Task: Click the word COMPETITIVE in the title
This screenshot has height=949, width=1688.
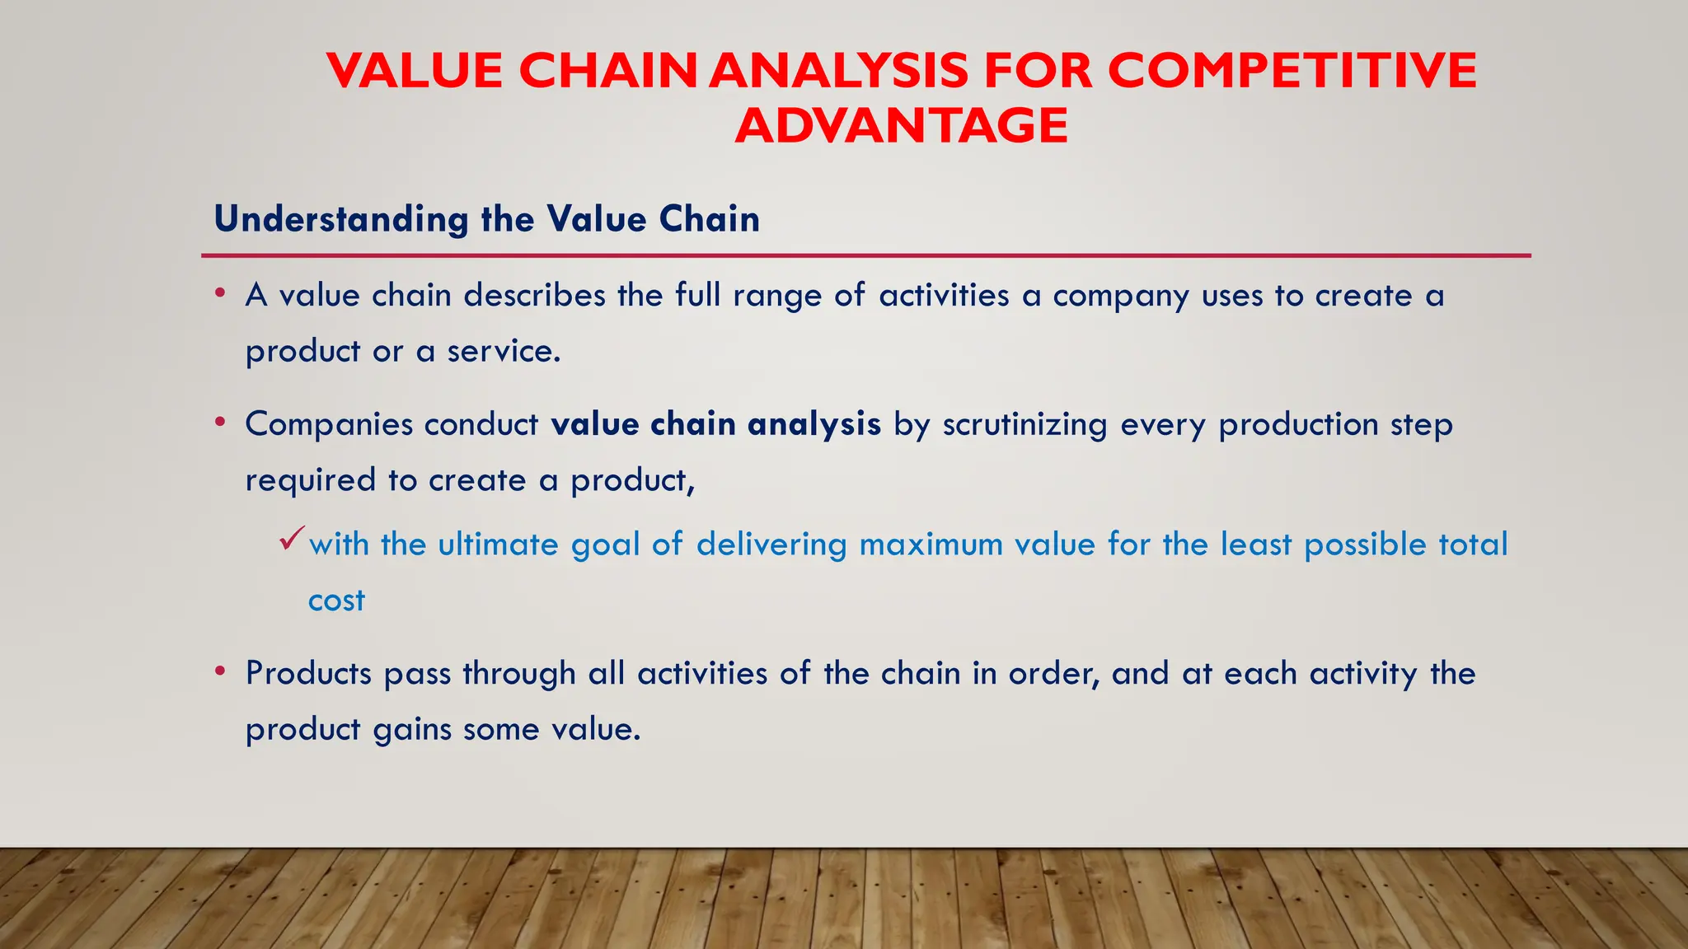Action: point(1292,70)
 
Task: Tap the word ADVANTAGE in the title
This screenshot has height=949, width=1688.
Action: point(902,125)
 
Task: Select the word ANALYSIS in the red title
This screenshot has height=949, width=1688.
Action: point(838,70)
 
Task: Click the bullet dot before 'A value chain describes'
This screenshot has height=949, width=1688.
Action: point(219,292)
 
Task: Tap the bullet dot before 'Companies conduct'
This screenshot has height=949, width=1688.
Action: point(219,422)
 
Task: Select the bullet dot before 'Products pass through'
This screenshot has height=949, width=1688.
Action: point(219,671)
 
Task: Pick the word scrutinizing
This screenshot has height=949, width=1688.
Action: point(1025,425)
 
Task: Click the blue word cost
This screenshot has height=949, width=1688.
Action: point(336,601)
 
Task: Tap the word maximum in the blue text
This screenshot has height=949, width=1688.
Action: point(931,545)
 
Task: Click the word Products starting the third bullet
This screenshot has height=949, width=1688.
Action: point(308,674)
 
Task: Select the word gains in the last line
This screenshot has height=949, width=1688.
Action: point(411,731)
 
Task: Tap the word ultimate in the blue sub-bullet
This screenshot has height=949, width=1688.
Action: point(498,545)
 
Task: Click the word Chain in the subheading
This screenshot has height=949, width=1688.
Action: point(709,220)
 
